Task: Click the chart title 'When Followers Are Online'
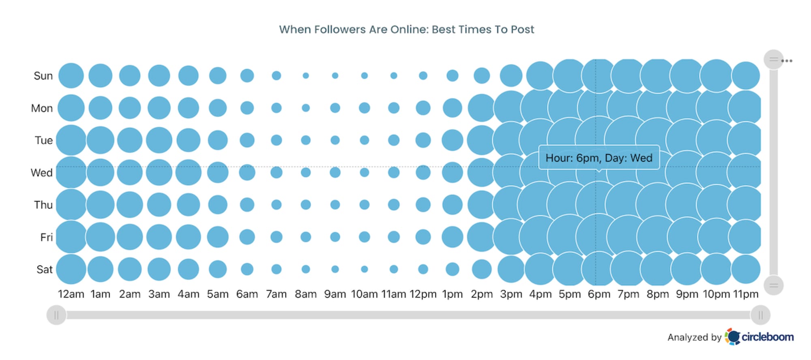pos(406,30)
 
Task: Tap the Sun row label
pos(43,76)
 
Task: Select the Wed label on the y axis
pos(42,173)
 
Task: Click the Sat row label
pos(44,270)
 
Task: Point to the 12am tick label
pos(71,294)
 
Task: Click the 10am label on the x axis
pos(364,294)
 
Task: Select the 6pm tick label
pos(599,294)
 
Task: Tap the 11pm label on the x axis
pos(745,294)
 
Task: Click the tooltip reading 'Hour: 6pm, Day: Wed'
pos(599,158)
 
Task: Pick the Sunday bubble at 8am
pos(306,76)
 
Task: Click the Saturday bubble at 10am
pos(364,269)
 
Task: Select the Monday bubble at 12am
pos(71,108)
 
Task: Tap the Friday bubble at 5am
pos(218,237)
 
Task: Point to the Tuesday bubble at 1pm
pos(452,140)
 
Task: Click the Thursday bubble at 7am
pos(277,205)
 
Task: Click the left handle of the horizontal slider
pos(56,315)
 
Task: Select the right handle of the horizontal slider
pos(760,315)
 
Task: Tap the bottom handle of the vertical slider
pos(773,285)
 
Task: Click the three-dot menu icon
pos(787,61)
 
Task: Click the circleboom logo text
pos(767,337)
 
